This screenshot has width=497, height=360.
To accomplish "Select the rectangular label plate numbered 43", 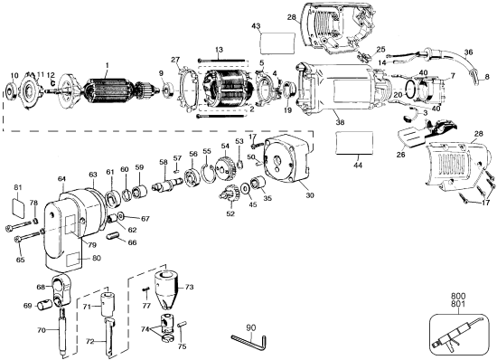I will pos(276,43).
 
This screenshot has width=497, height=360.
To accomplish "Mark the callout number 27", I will pos(176,60).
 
